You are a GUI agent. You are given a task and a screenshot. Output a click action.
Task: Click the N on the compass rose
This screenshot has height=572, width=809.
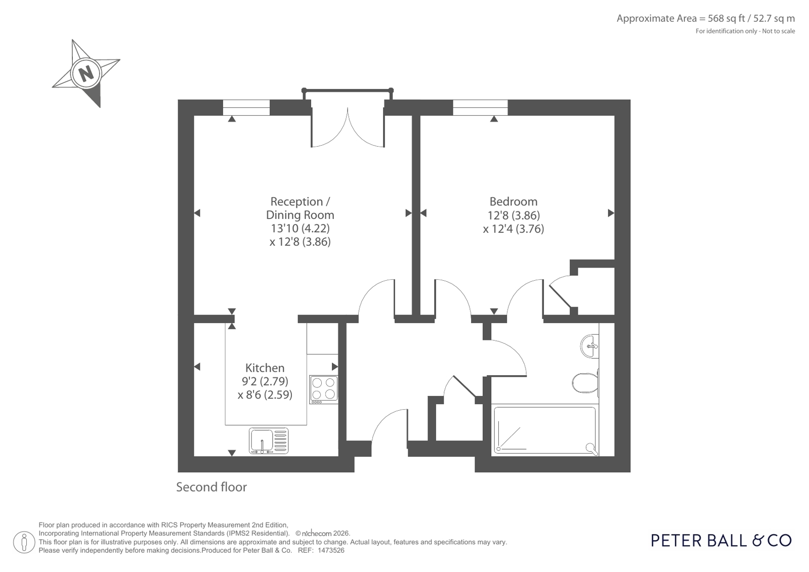tap(86, 74)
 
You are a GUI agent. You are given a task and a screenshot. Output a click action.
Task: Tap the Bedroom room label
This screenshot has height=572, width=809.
tap(513, 201)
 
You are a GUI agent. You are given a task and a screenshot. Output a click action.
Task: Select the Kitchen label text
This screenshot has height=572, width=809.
tap(265, 368)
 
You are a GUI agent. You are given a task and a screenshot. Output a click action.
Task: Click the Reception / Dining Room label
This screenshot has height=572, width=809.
tap(300, 208)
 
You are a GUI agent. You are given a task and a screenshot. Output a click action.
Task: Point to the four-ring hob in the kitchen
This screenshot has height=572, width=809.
tap(324, 389)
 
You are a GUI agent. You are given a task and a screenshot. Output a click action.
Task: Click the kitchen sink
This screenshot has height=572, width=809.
tap(269, 441)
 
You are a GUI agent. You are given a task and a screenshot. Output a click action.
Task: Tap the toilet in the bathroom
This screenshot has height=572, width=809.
tap(585, 382)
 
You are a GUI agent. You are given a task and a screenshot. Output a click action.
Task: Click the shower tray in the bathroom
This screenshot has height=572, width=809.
tap(545, 430)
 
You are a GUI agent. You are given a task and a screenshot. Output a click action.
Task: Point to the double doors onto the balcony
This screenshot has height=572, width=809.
tap(348, 127)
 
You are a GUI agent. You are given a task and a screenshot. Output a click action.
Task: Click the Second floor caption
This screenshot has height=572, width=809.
tap(211, 487)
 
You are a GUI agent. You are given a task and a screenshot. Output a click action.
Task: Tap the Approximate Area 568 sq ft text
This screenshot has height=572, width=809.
tap(705, 18)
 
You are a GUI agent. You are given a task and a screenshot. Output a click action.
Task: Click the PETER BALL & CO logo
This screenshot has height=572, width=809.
tap(721, 541)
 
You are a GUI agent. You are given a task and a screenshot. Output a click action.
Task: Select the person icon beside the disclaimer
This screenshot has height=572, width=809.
tap(24, 542)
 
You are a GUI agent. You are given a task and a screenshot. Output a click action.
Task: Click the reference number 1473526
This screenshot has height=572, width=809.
tap(331, 551)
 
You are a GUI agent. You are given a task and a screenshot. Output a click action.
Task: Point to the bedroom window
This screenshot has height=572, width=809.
tap(480, 108)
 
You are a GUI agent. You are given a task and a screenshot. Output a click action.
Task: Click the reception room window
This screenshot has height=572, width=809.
tap(246, 108)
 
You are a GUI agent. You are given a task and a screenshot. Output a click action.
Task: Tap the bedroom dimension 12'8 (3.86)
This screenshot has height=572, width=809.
tap(514, 215)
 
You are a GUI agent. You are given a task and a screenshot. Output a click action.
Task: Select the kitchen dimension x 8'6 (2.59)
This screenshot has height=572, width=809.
tap(265, 394)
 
